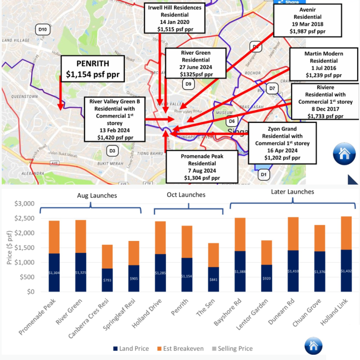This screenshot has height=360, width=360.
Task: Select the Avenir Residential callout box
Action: (307, 20)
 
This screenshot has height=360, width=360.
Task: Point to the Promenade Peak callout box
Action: (202, 166)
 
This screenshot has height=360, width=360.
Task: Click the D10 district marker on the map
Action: (43, 30)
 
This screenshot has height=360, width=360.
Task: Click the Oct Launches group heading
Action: (186, 195)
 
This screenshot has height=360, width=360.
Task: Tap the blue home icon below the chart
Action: (313, 346)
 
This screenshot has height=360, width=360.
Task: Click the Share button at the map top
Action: (288, 2)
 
